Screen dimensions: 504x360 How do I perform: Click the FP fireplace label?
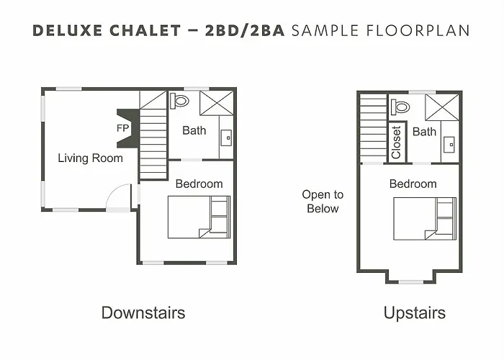pos(122,128)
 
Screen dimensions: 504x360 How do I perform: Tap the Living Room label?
pos(90,158)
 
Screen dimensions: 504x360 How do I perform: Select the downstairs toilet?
pos(179,101)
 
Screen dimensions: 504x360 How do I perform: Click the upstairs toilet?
pos(400,107)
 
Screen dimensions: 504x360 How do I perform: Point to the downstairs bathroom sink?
pos(227,138)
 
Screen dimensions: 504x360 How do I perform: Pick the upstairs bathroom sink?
pos(449,145)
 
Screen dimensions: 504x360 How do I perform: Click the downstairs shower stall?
pos(217,103)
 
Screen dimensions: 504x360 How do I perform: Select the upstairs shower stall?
pos(442,107)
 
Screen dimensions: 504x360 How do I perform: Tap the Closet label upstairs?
pos(396,143)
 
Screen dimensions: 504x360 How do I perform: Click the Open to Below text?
pos(323,202)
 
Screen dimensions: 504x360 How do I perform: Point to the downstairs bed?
pos(199,217)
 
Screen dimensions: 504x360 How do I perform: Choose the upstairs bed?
pos(425,219)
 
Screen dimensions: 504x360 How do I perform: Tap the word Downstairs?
pos(143,312)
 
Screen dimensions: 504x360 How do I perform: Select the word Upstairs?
pos(415,312)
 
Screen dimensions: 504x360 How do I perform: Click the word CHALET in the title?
pos(145,30)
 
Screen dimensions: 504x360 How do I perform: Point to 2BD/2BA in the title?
pos(245,30)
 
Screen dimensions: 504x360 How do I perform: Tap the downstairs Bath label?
pos(194,130)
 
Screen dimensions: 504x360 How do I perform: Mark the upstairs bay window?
pos(410,282)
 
